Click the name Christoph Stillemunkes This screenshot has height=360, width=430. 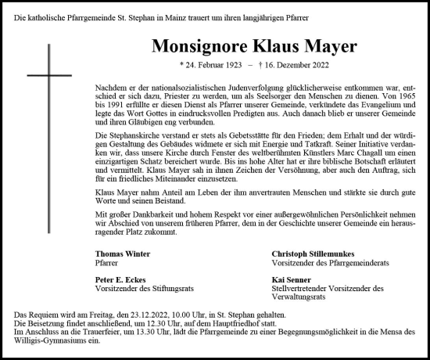coord(314,254)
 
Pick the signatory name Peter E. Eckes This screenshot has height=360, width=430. coord(120,279)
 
